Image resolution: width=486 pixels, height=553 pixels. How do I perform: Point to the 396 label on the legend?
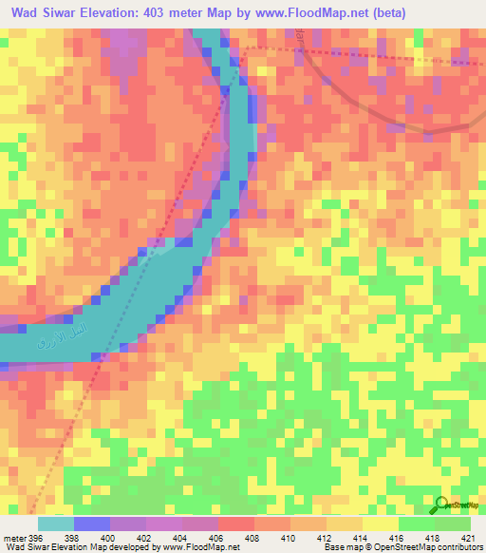[x=36, y=538]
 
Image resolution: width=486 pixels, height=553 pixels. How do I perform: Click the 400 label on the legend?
[x=110, y=538]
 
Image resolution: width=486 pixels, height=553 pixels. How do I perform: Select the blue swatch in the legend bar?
[x=91, y=524]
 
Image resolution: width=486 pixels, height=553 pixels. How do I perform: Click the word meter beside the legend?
[x=13, y=538]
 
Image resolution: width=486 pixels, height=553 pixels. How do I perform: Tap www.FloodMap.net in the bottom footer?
[x=199, y=547]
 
